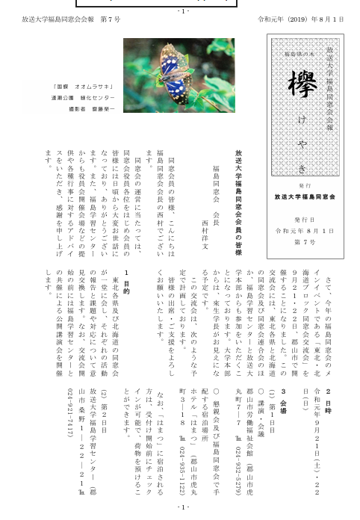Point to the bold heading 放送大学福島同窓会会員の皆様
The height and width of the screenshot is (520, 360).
pyautogui.click(x=238, y=198)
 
